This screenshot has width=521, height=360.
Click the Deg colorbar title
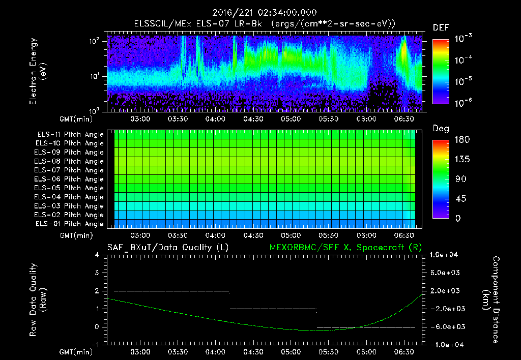(x=441, y=129)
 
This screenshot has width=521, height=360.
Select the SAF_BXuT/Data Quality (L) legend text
(x=167, y=248)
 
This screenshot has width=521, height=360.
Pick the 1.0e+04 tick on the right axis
(x=445, y=255)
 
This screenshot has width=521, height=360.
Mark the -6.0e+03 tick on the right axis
(x=444, y=327)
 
